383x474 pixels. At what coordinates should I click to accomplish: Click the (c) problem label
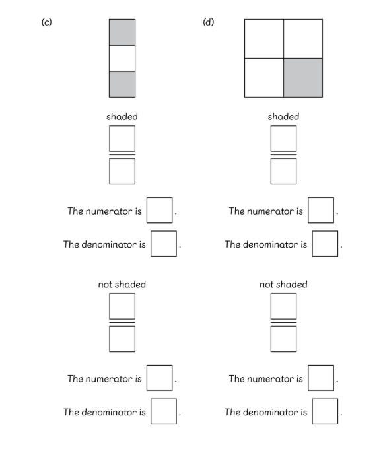point(46,22)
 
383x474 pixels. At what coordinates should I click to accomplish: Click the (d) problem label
point(208,22)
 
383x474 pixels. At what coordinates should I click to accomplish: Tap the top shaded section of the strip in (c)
point(122,32)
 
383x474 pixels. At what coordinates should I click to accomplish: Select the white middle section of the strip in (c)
point(122,58)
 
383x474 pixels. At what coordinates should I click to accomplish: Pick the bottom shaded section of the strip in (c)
point(122,85)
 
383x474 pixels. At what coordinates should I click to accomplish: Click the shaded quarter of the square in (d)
point(303,78)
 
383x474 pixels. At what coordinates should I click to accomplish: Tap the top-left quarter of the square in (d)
point(264,39)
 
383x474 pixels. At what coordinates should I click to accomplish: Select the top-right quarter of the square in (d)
point(303,39)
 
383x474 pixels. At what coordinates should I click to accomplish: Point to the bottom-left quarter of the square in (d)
point(264,78)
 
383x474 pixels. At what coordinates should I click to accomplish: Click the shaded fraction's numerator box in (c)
point(122,139)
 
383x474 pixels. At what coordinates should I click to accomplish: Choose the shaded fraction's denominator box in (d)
point(283,171)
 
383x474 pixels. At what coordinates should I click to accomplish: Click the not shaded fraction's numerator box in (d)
point(283,306)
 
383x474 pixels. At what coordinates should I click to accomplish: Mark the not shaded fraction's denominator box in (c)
point(122,339)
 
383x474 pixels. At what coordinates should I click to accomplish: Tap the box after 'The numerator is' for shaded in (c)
point(160,211)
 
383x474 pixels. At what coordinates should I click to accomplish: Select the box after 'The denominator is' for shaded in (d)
point(325,244)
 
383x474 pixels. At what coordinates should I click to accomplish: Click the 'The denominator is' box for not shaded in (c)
point(164,411)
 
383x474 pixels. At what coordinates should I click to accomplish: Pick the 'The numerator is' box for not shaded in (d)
point(321,378)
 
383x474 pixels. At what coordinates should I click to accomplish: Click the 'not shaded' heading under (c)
point(122,284)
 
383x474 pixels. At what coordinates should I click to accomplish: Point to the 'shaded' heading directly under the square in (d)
point(283,117)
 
